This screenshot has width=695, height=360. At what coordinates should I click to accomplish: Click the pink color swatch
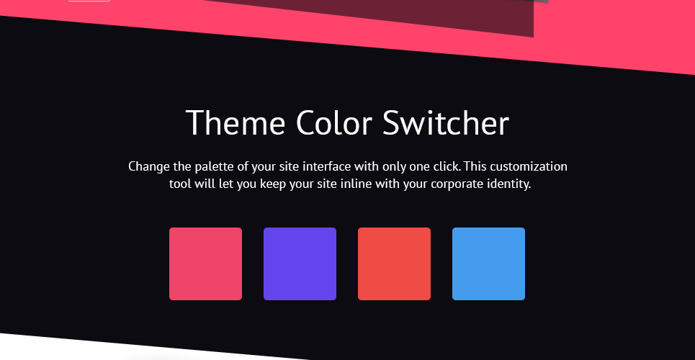(206, 264)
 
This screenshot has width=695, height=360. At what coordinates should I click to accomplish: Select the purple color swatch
(300, 264)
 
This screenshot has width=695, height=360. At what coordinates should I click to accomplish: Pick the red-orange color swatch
(395, 264)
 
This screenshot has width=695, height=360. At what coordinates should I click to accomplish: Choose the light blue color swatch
(489, 264)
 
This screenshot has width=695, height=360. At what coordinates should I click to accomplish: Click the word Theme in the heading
(236, 123)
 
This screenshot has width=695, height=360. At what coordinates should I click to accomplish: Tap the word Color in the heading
(333, 123)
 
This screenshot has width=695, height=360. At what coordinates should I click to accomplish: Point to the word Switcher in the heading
(446, 123)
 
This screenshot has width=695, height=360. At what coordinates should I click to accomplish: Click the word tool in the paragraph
(180, 184)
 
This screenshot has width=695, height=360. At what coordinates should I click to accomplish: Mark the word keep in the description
(273, 184)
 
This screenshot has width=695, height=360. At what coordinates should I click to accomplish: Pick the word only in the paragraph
(394, 167)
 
